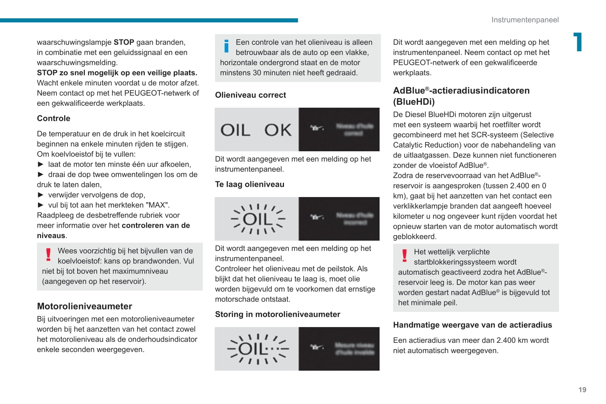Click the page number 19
pos(582,390)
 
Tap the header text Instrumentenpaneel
pos(525,20)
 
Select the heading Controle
pos(53,118)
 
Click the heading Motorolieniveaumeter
pos(84,306)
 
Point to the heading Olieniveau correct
pos(250,95)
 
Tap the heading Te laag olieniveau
pos(250,184)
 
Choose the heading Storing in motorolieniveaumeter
pos(277,314)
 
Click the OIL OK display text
pos(256,130)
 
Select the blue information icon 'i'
pos(226,46)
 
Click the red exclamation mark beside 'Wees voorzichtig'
pos(48,255)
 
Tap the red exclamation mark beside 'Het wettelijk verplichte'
pos(404,256)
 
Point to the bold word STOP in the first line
pos(124,42)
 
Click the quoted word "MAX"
pos(158,205)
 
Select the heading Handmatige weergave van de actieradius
pos(472,325)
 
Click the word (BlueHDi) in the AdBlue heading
pos(414,101)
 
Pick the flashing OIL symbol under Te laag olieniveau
pos(258,219)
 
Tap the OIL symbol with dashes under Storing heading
pos(258,349)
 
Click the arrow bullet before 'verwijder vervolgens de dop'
pos(41,195)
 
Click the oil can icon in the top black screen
pos(317,128)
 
